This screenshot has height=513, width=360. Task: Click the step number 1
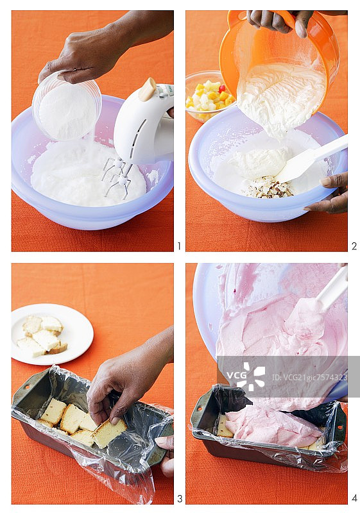(x=179, y=246)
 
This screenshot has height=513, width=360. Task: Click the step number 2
(x=353, y=246)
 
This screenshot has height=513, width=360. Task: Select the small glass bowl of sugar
(x=67, y=107)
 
